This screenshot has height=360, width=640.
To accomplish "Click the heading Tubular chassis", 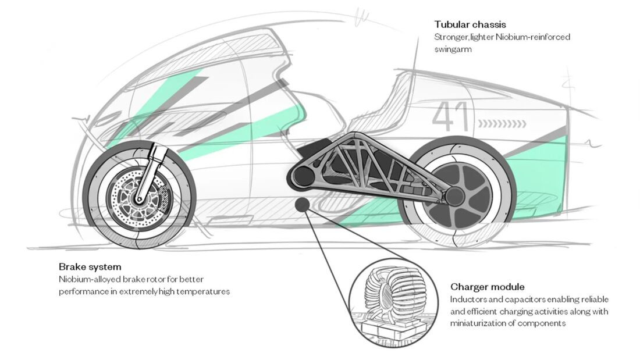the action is (x=470, y=24).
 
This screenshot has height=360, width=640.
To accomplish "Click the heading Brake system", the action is (x=90, y=267).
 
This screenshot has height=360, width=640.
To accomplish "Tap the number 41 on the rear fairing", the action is (x=450, y=116).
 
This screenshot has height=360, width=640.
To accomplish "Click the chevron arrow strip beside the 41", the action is (x=502, y=123).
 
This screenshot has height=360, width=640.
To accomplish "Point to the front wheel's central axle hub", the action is (x=139, y=199).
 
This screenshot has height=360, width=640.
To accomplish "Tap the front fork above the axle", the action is (x=149, y=172).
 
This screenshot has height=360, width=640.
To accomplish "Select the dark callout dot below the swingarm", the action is (x=303, y=205).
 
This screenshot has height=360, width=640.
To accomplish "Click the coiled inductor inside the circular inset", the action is (x=390, y=292).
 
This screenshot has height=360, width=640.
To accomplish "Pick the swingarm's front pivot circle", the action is (x=303, y=176).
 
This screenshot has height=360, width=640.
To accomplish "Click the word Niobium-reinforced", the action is (x=532, y=37).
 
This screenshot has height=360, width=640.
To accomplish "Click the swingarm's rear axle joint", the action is (x=454, y=197).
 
